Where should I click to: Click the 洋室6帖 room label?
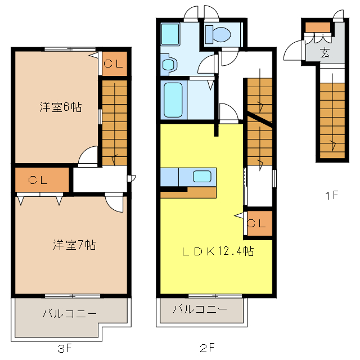[x=60, y=106]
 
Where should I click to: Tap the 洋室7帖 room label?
[x=74, y=245]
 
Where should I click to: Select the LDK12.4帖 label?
[x=217, y=251]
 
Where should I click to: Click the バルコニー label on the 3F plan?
[x=69, y=314]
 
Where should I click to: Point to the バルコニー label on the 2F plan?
[x=200, y=309]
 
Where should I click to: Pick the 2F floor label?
[x=208, y=348]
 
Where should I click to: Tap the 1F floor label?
[x=331, y=196]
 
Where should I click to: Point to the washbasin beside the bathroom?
[x=168, y=63]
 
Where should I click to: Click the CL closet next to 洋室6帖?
[x=114, y=63]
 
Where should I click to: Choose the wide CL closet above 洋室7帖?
[x=42, y=180]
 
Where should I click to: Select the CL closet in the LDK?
[x=257, y=223]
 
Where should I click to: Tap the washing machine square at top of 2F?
[x=170, y=34]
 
